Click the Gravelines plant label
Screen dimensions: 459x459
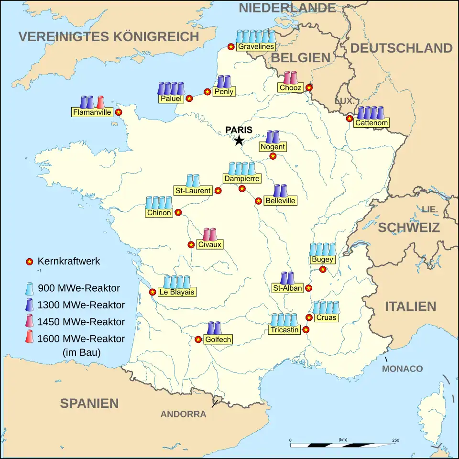pos(256,46)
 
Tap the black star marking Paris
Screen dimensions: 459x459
pos(239,140)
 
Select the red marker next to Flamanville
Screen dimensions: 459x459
pos(119,112)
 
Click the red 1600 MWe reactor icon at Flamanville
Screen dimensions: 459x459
pos(100,102)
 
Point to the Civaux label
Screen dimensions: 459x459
pos(209,245)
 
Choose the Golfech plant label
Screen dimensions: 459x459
pos(218,339)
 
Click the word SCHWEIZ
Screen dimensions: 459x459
pos(409,228)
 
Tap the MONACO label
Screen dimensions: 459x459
pos(402,369)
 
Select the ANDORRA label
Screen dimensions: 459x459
pos(183,414)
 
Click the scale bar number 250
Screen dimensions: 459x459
pos(395,440)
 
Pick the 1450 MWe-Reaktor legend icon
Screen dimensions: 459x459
pos(30,321)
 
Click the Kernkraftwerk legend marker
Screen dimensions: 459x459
pos(29,262)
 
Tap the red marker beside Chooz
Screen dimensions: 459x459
pos(309,87)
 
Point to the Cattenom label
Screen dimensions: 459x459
pos(372,123)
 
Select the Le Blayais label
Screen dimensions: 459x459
pos(177,292)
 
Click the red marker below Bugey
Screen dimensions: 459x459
pos(323,269)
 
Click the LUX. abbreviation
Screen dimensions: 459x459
pos(344,101)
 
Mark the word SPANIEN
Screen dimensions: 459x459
pos(89,403)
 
